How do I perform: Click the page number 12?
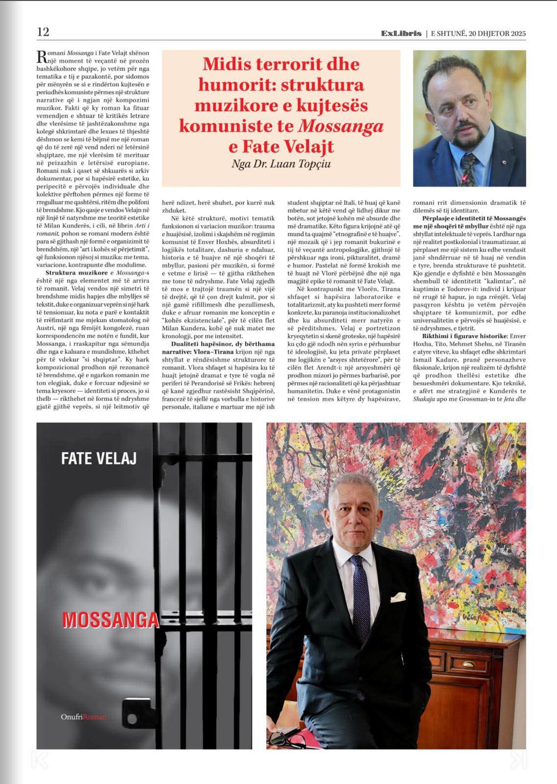[43, 32]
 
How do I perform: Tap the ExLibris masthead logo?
[401, 33]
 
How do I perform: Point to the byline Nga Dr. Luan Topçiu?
[281, 164]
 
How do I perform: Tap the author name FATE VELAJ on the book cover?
[99, 459]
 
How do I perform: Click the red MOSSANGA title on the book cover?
[111, 620]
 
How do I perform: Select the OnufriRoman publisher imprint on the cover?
[84, 717]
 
